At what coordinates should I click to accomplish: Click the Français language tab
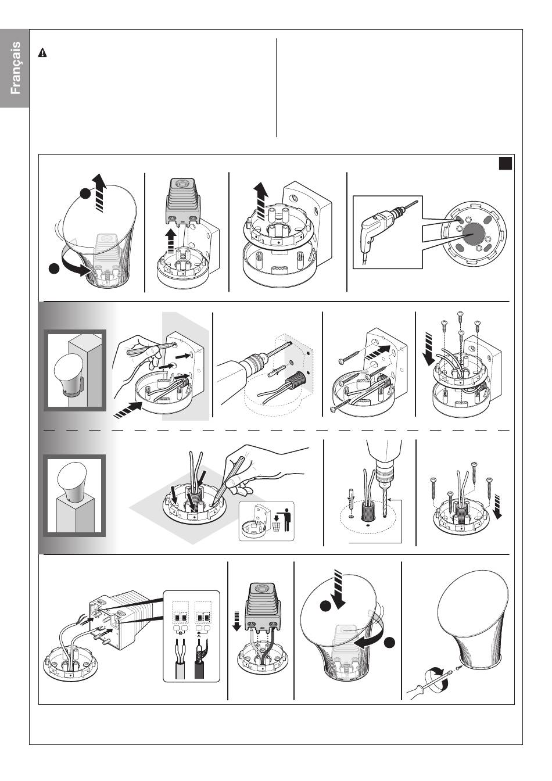pos(15,68)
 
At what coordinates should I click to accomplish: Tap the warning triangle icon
pos(42,53)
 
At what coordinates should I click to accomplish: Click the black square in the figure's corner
pos(506,163)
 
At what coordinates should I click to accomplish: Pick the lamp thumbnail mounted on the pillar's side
pos(74,370)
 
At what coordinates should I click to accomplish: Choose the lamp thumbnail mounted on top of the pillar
pos(74,496)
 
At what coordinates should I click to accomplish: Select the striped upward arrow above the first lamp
pos(100,192)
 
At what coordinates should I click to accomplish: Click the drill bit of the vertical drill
pos(384,501)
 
